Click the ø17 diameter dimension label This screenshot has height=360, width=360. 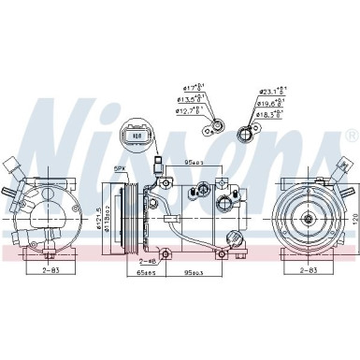(x=192, y=90)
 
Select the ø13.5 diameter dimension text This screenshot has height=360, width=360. (x=192, y=100)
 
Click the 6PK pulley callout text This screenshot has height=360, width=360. (x=120, y=168)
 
